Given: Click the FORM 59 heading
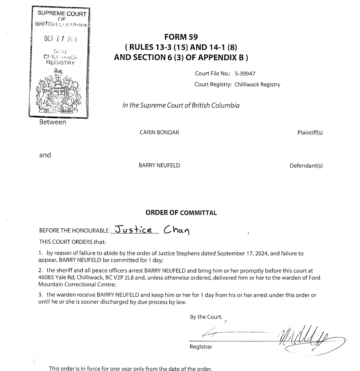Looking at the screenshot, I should click(181, 37).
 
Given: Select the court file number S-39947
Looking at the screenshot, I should click(245, 74).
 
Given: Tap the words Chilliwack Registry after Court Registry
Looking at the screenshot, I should click(257, 85).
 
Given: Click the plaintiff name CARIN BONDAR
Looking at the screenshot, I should click(159, 132).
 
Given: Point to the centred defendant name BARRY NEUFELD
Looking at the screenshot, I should click(159, 166).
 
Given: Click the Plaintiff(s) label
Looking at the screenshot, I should click(310, 133).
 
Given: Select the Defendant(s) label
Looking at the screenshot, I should click(306, 166).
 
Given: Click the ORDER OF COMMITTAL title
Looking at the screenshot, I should click(181, 213).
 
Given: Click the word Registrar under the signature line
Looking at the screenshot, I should click(201, 347).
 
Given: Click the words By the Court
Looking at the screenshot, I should click(206, 317).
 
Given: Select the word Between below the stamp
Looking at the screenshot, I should click(53, 122).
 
